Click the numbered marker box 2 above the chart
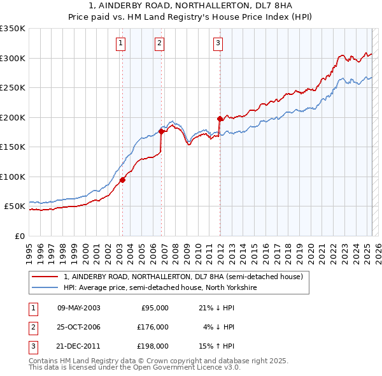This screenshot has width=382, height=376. pos(159,43)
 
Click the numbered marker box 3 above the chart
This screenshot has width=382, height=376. pos(218,43)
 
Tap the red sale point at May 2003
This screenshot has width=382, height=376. pos(122,180)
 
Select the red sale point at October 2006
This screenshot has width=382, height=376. pos(161,132)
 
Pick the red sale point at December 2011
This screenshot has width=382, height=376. pos(220,119)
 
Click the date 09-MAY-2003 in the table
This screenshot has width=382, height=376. pos(78,308)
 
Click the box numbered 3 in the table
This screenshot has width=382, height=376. pos(32,346)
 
